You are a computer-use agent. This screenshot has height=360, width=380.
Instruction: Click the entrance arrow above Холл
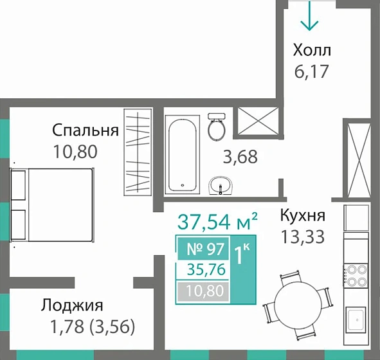click(309, 16)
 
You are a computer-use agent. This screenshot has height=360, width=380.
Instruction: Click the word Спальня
click(86, 131)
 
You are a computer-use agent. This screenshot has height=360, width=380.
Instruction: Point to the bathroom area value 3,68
click(239, 156)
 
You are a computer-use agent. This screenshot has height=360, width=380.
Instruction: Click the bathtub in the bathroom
click(184, 154)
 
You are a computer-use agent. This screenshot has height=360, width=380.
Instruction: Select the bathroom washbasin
click(221, 184)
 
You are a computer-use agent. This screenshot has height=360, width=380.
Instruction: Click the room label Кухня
click(302, 215)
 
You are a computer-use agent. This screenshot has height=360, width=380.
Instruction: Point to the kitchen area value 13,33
click(302, 237)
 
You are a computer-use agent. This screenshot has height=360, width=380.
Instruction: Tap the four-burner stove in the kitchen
click(356, 276)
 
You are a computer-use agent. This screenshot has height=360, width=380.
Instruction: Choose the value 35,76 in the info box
click(203, 270)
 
